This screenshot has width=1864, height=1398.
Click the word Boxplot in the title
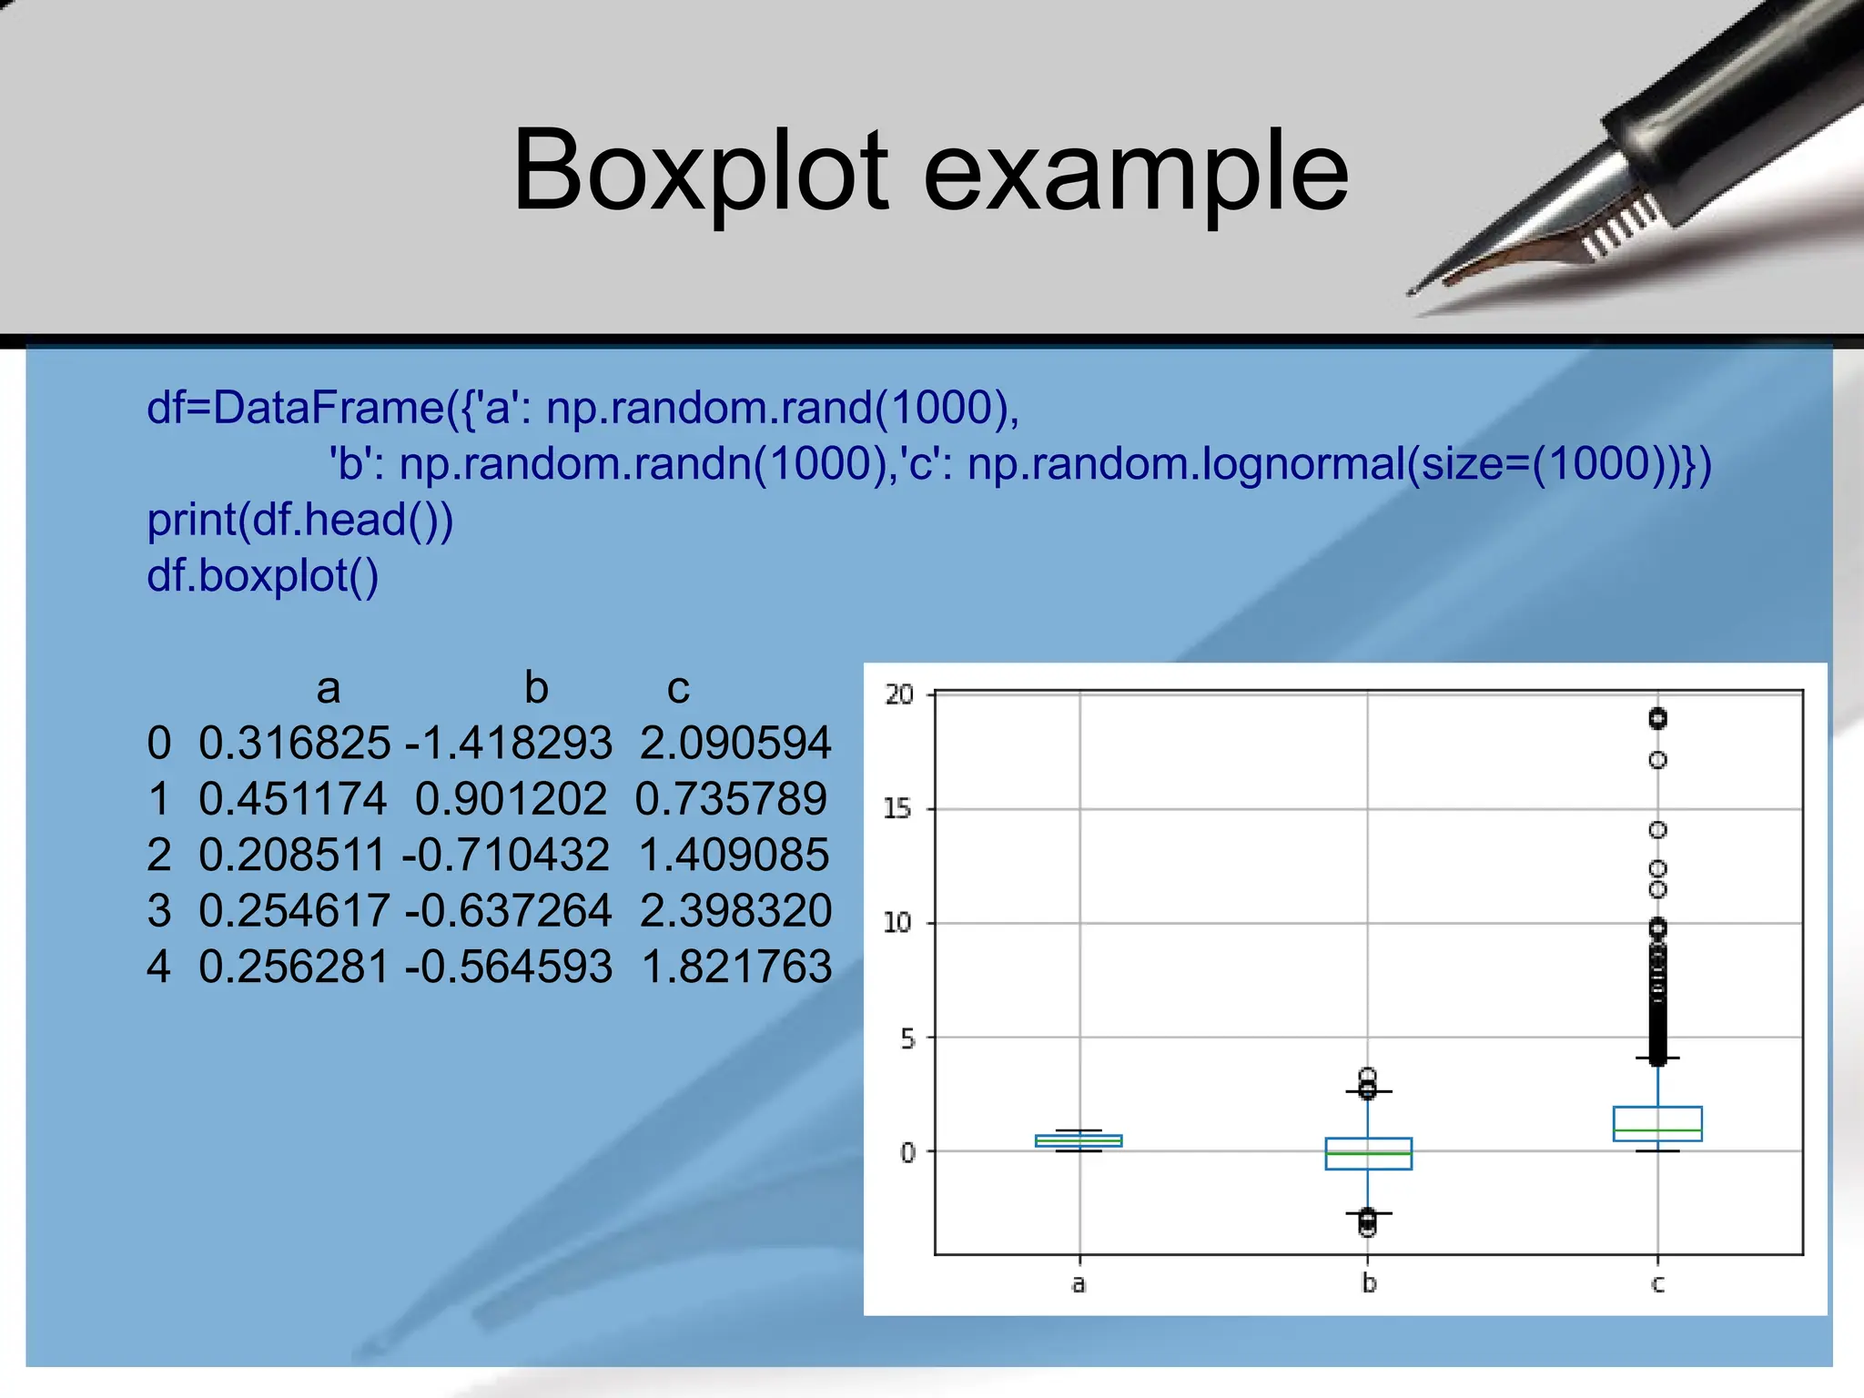701,171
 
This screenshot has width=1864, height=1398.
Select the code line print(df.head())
300,520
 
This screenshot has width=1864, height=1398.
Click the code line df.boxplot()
262,576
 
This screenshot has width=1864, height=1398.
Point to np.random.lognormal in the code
1183,464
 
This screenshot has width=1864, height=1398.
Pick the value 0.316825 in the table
294,743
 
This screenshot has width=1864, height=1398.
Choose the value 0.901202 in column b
511,799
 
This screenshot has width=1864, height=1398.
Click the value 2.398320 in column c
735,911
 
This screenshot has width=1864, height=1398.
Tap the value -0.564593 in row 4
508,967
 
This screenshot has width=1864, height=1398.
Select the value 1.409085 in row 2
734,856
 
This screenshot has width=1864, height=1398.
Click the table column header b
536,688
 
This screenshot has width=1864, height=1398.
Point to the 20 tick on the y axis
899,695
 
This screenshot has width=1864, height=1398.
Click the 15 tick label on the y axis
897,809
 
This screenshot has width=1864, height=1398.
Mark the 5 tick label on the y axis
907,1038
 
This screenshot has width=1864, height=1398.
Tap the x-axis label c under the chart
1657,1284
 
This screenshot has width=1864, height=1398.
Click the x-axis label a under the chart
1079,1284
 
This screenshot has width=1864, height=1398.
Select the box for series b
1368,1153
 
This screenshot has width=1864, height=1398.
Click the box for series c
1657,1123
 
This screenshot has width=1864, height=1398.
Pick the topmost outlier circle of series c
1657,719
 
